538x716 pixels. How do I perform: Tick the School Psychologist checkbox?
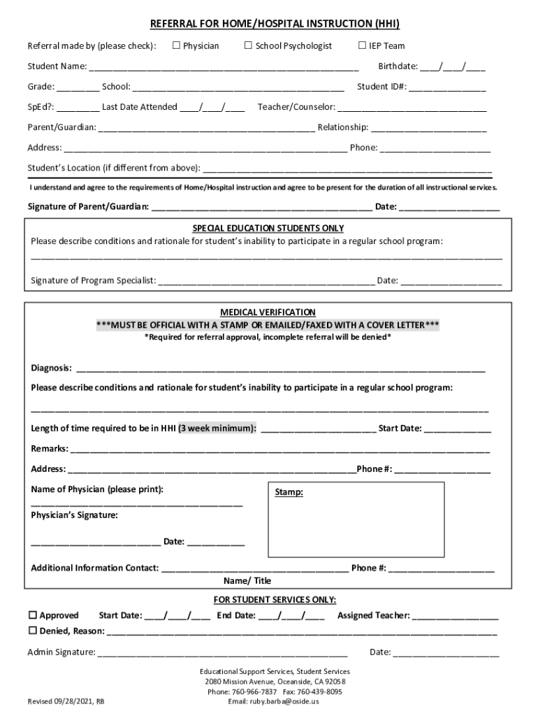pyautogui.click(x=248, y=46)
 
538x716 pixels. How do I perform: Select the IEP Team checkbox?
pyautogui.click(x=362, y=46)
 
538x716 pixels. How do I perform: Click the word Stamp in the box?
pyautogui.click(x=289, y=492)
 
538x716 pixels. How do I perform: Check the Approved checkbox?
pyautogui.click(x=32, y=616)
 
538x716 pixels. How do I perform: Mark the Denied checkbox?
pyautogui.click(x=32, y=631)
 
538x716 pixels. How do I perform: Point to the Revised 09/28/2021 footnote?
pyautogui.click(x=66, y=701)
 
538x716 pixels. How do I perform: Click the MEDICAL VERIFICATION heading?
pyautogui.click(x=268, y=312)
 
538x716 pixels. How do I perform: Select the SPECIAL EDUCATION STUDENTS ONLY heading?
pyautogui.click(x=268, y=229)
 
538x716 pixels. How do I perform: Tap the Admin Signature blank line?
pyautogui.click(x=222, y=654)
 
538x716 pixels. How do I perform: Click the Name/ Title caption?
pyautogui.click(x=247, y=581)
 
